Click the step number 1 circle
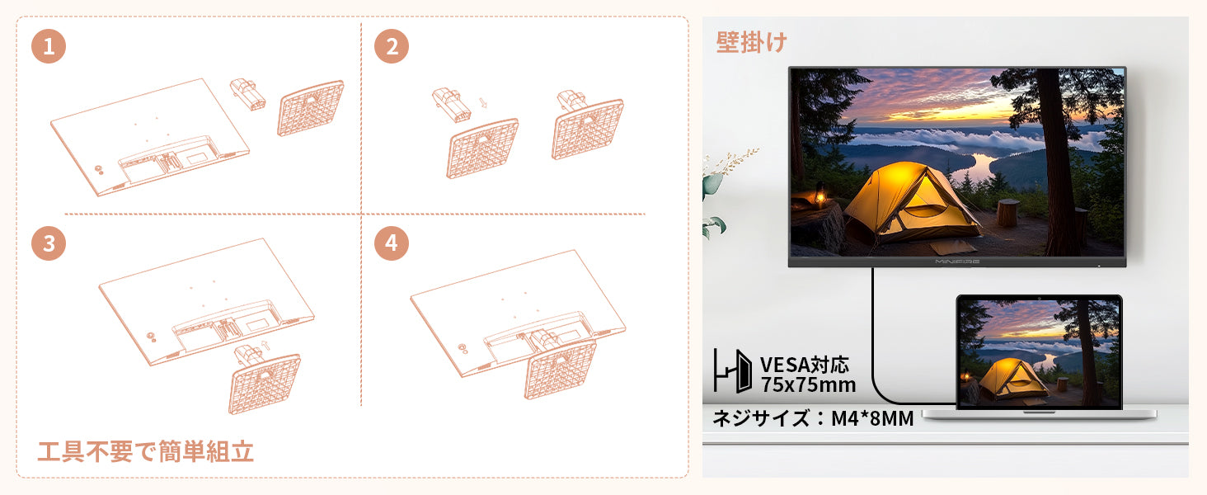(49, 46)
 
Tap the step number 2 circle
(392, 46)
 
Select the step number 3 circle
(49, 243)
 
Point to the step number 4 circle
(392, 243)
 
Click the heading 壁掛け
(752, 42)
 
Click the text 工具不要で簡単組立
(145, 451)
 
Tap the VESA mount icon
(732, 370)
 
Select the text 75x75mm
(808, 385)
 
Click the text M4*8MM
(872, 418)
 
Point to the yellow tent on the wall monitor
(911, 203)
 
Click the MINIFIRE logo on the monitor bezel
(957, 262)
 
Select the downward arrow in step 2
(483, 103)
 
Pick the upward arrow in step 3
(265, 346)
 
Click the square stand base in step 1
(310, 108)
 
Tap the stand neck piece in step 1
(247, 94)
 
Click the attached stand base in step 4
(561, 370)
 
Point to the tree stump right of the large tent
(1007, 212)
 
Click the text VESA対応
(805, 365)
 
